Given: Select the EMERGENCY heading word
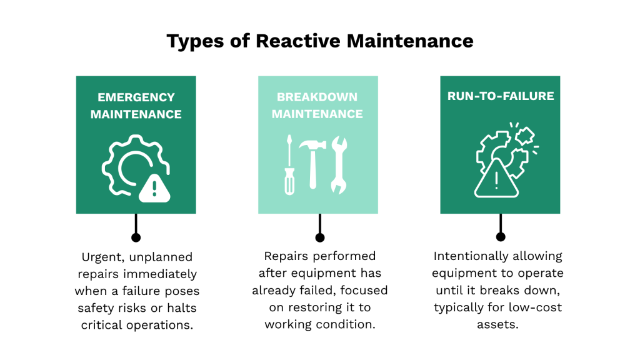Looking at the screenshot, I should tap(136, 97).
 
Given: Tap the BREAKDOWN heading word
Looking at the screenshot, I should tap(317, 97).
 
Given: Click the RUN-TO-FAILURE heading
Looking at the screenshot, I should tap(499, 96).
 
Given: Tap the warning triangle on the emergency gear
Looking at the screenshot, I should tap(154, 187).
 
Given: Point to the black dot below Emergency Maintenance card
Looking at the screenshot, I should tap(136, 237).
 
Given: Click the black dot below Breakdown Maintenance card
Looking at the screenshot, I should tap(320, 237).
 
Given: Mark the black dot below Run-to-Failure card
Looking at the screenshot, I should tap(500, 237).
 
